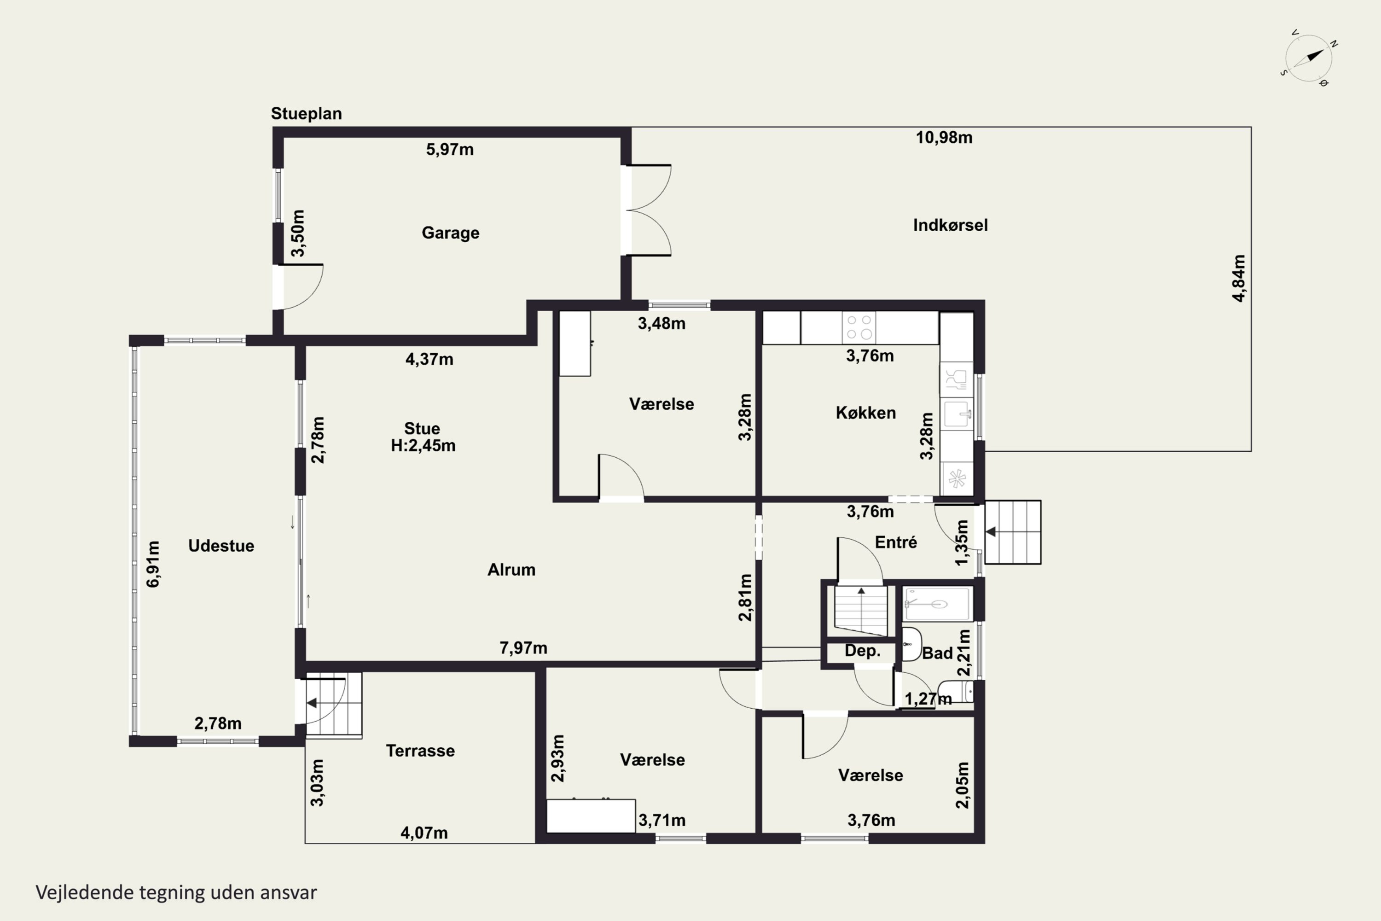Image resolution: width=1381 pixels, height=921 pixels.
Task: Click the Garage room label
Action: pos(450,233)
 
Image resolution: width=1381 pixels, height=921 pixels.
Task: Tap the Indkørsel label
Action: pos(950,225)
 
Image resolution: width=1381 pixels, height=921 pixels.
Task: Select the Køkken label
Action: pos(865,413)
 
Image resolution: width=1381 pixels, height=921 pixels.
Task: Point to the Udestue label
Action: pos(221,546)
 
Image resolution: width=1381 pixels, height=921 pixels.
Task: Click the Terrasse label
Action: pos(420,751)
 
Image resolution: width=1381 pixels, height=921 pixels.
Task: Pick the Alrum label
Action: pos(511,570)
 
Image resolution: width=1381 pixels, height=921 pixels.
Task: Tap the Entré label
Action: pos(895,542)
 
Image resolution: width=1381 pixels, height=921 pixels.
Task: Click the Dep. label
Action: pos(862,651)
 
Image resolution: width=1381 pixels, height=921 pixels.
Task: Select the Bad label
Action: pos(937,653)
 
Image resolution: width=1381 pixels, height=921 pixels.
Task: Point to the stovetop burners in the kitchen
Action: pos(859,327)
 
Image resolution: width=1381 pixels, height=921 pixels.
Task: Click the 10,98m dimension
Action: pos(944,137)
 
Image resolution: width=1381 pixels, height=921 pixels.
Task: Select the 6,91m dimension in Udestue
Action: pos(153,564)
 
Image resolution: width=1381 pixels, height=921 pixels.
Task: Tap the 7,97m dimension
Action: pos(523,648)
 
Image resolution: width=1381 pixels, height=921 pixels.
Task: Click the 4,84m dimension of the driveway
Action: pos(1238,279)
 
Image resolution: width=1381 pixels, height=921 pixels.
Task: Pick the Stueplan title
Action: pos(306,114)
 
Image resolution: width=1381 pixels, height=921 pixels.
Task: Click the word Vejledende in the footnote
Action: pos(85,893)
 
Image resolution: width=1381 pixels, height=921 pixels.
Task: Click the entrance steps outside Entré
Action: pos(1013,532)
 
